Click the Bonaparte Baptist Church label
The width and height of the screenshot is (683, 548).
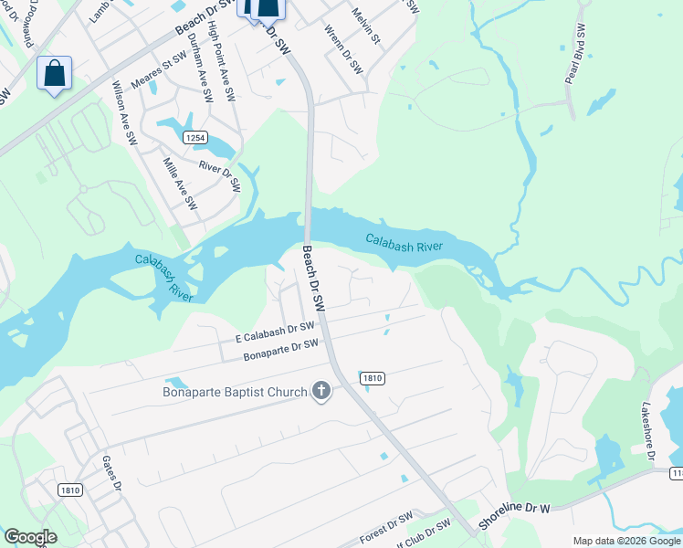tap(235, 393)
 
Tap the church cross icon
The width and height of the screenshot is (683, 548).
tap(320, 392)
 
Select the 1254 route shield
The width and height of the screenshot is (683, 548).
tap(193, 137)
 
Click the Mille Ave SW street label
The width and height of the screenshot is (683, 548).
tap(180, 184)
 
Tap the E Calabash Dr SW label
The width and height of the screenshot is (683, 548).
tap(275, 331)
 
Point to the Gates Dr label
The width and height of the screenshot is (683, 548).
tap(112, 471)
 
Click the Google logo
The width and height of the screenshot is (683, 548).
tap(30, 537)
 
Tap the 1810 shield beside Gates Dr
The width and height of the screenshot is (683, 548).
tap(70, 490)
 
